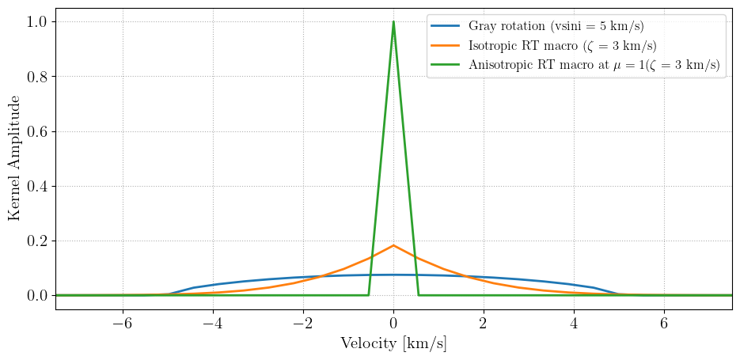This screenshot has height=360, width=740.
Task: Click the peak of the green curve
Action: [393, 22]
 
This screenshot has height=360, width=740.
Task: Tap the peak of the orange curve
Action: [393, 245]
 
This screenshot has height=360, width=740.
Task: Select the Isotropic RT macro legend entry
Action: [562, 46]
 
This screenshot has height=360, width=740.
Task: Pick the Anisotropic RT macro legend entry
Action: [594, 66]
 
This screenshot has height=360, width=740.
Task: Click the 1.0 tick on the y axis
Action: [37, 22]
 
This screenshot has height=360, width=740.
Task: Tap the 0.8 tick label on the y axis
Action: [37, 77]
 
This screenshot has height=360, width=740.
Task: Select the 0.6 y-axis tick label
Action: [37, 131]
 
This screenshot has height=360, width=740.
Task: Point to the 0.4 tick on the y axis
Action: [37, 186]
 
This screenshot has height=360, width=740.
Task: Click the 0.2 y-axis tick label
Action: [37, 241]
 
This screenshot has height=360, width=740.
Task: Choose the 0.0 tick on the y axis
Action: [37, 295]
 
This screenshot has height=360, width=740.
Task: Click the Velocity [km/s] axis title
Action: [393, 344]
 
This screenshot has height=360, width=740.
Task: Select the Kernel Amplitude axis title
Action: [14, 158]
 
